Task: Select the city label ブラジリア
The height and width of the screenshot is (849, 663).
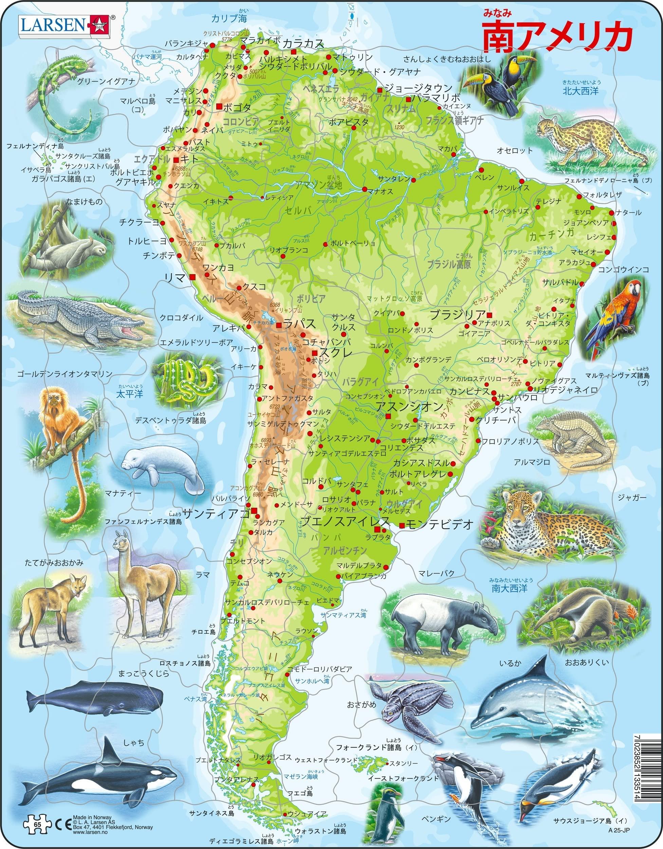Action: (457, 314)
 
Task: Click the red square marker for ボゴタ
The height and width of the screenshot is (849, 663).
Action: (220, 106)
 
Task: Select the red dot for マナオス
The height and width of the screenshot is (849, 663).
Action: (365, 189)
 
